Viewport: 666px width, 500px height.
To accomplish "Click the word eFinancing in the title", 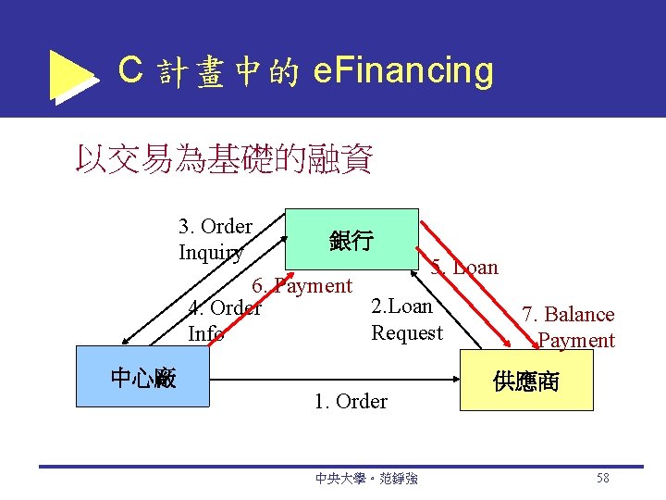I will pyautogui.click(x=403, y=70).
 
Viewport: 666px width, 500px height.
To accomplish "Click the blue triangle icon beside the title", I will pyautogui.click(x=72, y=74).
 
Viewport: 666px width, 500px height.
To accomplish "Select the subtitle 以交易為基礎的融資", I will pyautogui.click(x=224, y=159).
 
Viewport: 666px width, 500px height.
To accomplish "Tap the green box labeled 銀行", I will pyautogui.click(x=351, y=241).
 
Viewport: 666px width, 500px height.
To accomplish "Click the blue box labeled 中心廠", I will pyautogui.click(x=143, y=377).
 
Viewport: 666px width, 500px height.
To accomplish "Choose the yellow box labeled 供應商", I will pyautogui.click(x=526, y=381).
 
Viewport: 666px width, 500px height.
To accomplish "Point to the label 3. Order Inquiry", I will pyautogui.click(x=215, y=239).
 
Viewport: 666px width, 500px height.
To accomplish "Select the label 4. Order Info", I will pyautogui.click(x=224, y=320).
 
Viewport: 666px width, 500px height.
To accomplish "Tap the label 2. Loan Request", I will pyautogui.click(x=406, y=319).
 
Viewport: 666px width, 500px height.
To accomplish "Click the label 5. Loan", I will pyautogui.click(x=464, y=268).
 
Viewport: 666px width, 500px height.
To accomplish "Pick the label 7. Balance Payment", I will pyautogui.click(x=568, y=327).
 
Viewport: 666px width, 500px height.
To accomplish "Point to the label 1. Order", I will pyautogui.click(x=351, y=401).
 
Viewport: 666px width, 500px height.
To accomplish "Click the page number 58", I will pyautogui.click(x=602, y=478).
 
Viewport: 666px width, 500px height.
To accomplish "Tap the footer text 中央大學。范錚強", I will pyautogui.click(x=366, y=479).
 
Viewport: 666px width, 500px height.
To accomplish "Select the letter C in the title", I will pyautogui.click(x=130, y=70).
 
